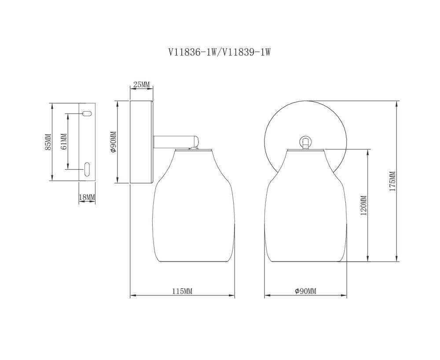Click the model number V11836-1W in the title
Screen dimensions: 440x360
(192, 52)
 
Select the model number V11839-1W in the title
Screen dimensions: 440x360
(246, 52)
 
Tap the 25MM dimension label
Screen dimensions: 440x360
(141, 84)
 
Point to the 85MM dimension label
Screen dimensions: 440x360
(48, 142)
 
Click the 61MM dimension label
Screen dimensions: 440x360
(64, 142)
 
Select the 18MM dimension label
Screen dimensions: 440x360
(87, 197)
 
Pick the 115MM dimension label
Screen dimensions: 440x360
(182, 291)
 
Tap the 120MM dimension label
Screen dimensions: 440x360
(363, 205)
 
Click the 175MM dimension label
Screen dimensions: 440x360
(392, 181)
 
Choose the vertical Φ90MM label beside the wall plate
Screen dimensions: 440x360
(114, 142)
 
